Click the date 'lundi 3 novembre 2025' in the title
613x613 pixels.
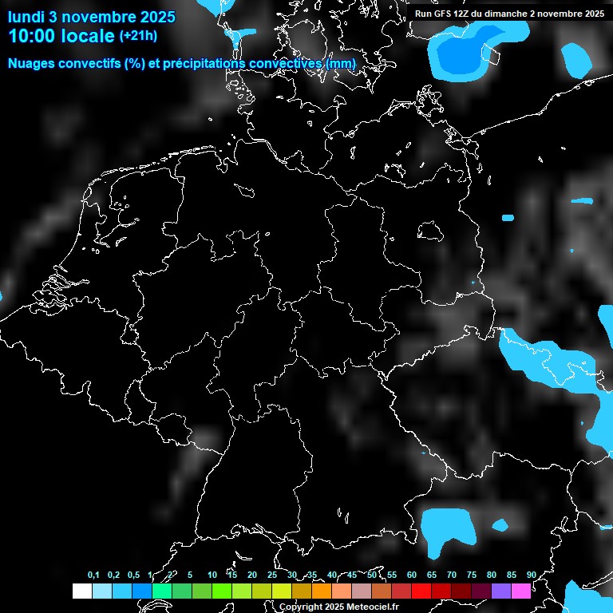tap(92, 16)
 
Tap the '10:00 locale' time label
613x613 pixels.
tap(61, 36)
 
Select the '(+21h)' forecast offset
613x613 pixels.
tap(138, 36)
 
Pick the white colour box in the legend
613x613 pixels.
tap(81, 591)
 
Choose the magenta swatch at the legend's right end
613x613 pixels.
tap(521, 591)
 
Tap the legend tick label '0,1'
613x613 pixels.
tap(93, 575)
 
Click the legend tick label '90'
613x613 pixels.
tap(531, 575)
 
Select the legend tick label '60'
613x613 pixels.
tap(411, 575)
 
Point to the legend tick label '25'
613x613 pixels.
tap(271, 575)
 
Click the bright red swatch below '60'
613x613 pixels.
tap(421, 591)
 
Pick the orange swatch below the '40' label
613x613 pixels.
tap(322, 591)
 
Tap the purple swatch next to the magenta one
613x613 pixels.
tap(501, 591)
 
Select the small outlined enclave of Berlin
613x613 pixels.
tap(430, 231)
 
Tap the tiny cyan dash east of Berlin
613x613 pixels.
tap(508, 217)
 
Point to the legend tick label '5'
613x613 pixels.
tap(190, 575)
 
